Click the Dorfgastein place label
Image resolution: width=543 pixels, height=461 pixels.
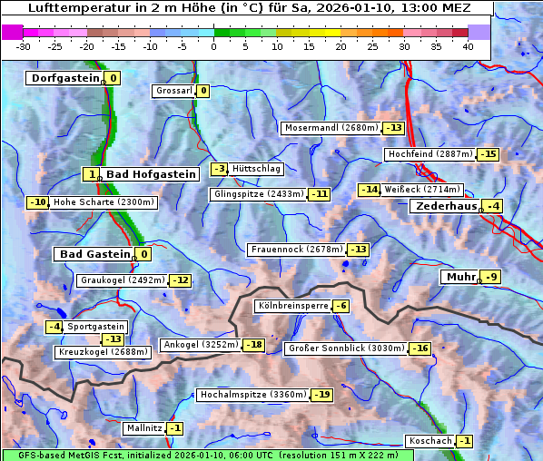point(64,78)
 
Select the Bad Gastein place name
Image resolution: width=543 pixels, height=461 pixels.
point(95,254)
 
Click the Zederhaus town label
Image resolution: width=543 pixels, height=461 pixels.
point(446,206)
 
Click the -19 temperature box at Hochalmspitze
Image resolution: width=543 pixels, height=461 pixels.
point(322,395)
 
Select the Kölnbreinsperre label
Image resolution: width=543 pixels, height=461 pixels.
point(291,306)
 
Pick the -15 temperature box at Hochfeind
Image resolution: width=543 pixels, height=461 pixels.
point(488,154)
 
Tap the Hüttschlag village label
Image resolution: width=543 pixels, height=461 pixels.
point(257,169)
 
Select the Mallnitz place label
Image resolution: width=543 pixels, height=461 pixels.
point(144,428)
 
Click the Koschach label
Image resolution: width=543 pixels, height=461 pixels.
point(430,441)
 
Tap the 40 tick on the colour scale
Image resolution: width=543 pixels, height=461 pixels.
point(468,46)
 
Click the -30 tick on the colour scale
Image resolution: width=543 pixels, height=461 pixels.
point(24,46)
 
